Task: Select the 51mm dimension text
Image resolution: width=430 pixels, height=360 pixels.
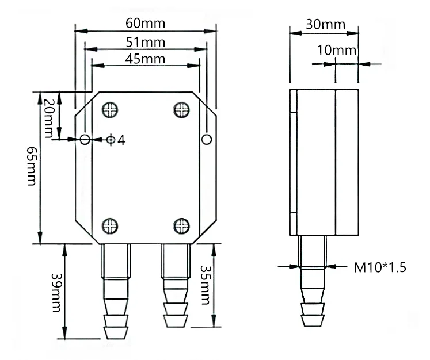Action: point(146,42)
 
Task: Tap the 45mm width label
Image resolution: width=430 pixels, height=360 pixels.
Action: point(146,59)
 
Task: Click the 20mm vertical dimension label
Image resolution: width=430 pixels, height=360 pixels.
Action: point(50,115)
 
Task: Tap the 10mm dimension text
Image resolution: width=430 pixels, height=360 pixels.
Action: point(337,50)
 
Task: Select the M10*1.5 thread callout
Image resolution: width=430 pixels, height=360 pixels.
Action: point(379,267)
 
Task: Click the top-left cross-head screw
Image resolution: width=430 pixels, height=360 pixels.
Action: point(111,109)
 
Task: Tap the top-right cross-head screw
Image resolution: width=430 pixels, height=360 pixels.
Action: point(182,109)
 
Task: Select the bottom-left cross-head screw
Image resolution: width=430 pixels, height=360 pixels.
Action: point(111,225)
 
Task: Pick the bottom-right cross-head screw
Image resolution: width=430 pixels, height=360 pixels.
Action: point(182,225)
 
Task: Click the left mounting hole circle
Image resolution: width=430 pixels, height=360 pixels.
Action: point(85,139)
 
